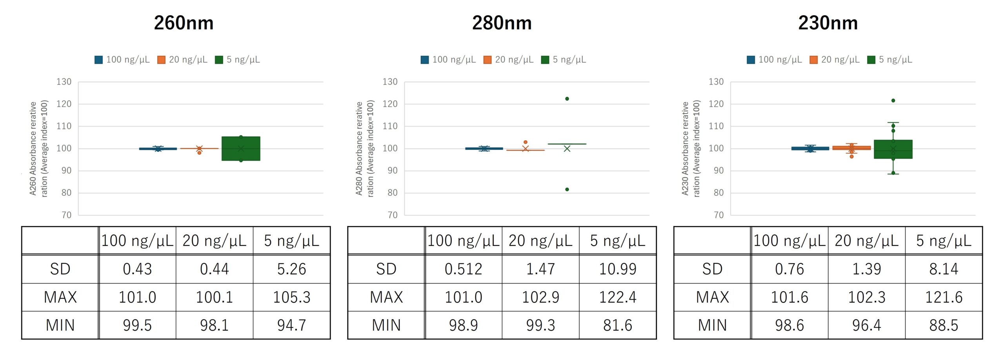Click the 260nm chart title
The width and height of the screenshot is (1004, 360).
[x=184, y=23]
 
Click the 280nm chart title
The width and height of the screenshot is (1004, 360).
[x=502, y=23]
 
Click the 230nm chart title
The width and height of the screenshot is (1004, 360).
[x=828, y=23]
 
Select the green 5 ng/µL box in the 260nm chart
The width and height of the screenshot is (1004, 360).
[x=241, y=149]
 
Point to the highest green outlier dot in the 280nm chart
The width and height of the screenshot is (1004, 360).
[x=567, y=99]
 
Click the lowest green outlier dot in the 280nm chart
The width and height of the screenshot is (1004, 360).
[x=567, y=189]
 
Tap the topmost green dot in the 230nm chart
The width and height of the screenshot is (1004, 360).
[x=893, y=101]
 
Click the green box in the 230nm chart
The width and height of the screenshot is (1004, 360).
[x=893, y=149]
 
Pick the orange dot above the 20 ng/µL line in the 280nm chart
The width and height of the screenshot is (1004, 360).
[x=526, y=142]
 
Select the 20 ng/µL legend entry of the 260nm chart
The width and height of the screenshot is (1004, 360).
[x=182, y=60]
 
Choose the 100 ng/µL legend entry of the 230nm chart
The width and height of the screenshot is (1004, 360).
[x=775, y=60]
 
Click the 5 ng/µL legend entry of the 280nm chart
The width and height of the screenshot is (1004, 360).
[x=564, y=60]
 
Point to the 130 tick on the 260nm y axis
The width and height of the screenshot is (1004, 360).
[x=64, y=82]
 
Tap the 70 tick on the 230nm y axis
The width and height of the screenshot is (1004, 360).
[x=718, y=215]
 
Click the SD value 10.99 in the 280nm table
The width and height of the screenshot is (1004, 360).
[x=618, y=269]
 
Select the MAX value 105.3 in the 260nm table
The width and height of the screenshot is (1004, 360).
[x=291, y=297]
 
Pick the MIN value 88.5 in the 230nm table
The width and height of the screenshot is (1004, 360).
[x=944, y=325]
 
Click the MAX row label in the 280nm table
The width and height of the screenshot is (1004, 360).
[x=386, y=297]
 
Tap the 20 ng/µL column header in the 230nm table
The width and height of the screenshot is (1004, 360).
[x=866, y=241]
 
